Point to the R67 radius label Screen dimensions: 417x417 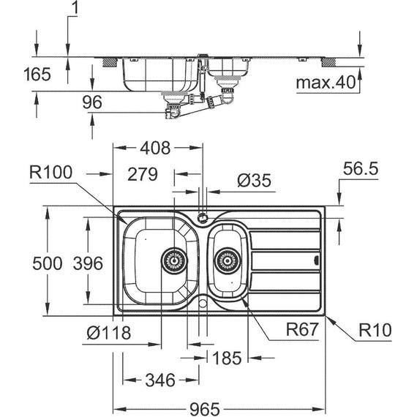coord(301,331)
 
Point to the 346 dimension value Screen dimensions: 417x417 coord(159,380)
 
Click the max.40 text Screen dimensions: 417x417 coord(324,83)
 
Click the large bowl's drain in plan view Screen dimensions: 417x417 coord(174,258)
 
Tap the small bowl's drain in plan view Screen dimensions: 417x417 coord(227,259)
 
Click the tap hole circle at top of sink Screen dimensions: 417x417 coord(202,217)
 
